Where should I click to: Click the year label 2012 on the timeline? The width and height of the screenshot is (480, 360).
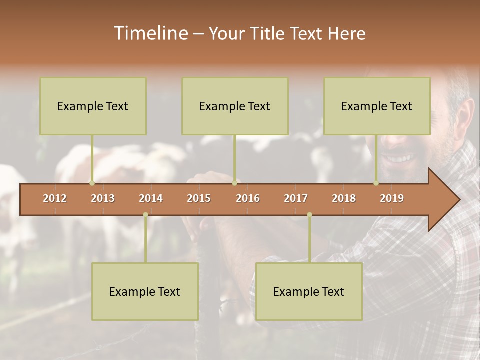tap(55, 198)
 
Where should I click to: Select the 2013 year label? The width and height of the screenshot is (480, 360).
tap(103, 198)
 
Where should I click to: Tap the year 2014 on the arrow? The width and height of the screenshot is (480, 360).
tap(151, 198)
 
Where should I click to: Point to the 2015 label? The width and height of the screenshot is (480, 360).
tap(199, 198)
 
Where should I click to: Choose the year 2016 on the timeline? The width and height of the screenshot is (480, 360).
tap(248, 198)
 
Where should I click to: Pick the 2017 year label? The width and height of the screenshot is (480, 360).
tap(296, 198)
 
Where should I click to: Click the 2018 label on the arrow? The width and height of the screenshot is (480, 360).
tap(344, 198)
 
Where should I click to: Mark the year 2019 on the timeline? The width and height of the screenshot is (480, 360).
tap(392, 198)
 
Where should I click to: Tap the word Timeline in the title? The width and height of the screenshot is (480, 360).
tap(150, 33)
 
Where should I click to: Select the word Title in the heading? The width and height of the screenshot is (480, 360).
tap(268, 33)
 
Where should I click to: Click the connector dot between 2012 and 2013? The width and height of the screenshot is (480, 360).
tap(92, 183)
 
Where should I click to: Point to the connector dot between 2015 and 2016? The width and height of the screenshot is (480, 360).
tap(234, 183)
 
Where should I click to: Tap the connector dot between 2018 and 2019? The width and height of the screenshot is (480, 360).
tap(376, 183)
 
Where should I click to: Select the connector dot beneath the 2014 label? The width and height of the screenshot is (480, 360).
tap(145, 215)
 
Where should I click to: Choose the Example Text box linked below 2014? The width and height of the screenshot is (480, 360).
tap(145, 291)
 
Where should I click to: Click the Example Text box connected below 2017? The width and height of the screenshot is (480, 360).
tap(309, 291)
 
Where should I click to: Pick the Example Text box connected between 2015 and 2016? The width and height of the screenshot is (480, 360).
tap(235, 106)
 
